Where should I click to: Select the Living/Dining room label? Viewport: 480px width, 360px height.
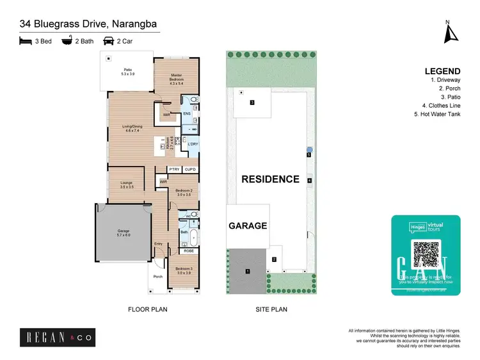[132, 129]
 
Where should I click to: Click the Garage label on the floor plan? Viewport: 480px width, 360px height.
[124, 234]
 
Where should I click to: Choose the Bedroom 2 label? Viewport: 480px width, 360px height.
[184, 192]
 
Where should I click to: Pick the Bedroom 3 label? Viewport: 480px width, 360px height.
[184, 270]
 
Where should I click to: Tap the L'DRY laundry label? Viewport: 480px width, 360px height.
[193, 145]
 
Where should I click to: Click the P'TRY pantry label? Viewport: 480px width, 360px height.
[174, 169]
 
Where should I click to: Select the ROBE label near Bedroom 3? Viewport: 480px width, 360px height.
[189, 251]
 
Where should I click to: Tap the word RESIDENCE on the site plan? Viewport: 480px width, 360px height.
[270, 179]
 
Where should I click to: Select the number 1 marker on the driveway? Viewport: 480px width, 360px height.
[248, 272]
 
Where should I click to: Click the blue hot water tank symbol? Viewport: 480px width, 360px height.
[308, 150]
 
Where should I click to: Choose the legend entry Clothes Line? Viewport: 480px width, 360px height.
[441, 106]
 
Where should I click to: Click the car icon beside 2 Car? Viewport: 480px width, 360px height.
[109, 41]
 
